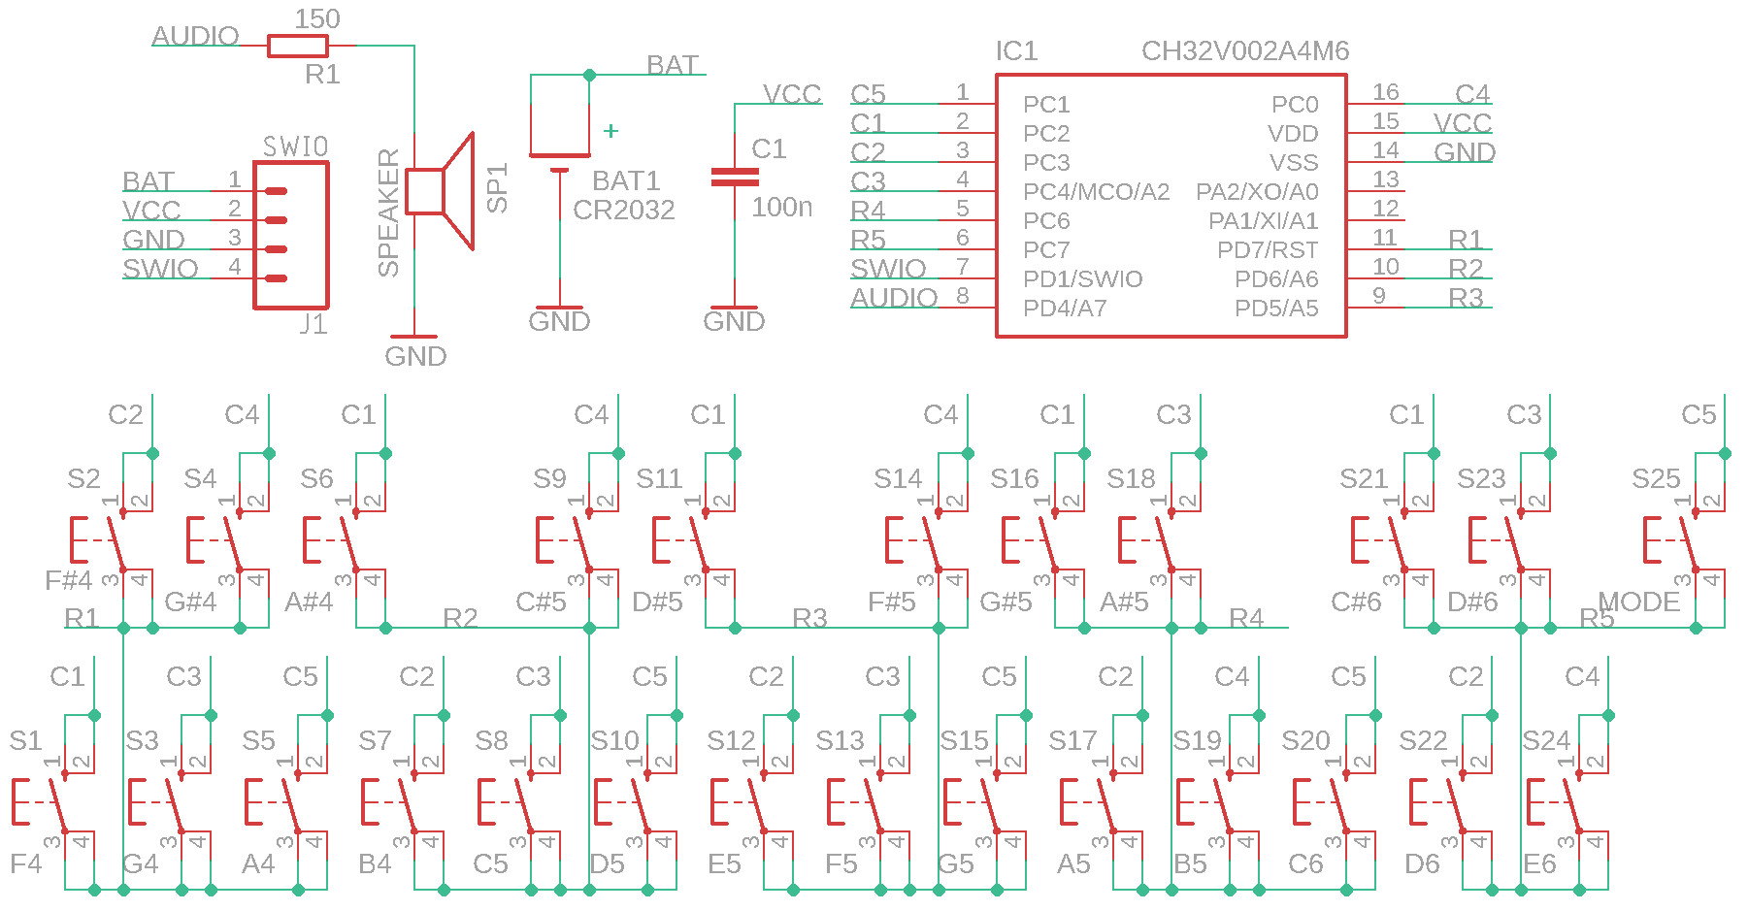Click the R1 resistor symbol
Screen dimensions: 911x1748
coord(297,46)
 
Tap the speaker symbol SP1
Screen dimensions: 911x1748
coord(440,191)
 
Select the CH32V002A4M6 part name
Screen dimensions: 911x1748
coord(1244,51)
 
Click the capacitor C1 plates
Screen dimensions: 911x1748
coord(735,177)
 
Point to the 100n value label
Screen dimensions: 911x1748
coord(781,207)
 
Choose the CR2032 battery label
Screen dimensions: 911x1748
coord(623,211)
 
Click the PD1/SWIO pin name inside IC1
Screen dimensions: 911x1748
coord(1082,279)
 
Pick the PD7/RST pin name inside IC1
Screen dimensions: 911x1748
coord(1267,250)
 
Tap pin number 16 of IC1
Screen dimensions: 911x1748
coord(1385,92)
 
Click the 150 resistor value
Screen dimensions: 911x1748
coord(317,19)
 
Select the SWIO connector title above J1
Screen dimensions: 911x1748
coord(295,146)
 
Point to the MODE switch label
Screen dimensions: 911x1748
coord(1638,602)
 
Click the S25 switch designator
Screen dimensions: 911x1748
coord(1655,479)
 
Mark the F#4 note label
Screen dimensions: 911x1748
coord(69,581)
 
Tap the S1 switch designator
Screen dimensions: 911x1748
coord(26,741)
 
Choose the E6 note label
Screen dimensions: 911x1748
coord(1539,864)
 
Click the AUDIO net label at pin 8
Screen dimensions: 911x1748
coord(894,298)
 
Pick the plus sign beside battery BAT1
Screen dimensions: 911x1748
coord(610,131)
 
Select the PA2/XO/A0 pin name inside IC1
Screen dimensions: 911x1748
coord(1257,192)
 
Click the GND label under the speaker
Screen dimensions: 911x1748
coord(415,357)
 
